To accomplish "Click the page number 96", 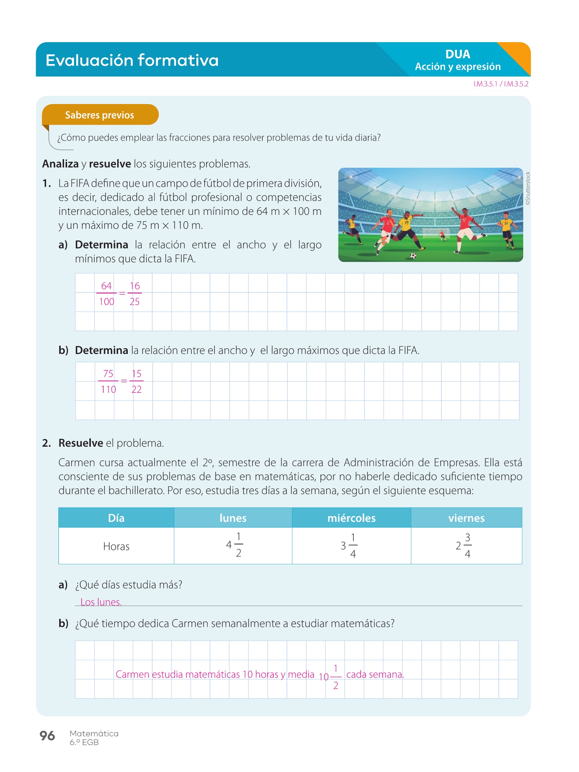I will (x=47, y=735).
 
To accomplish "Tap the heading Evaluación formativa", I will (x=132, y=60).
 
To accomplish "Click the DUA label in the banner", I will (x=458, y=54).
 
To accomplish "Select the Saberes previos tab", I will (x=100, y=115).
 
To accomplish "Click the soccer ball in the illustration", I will (x=413, y=256).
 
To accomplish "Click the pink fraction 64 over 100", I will (x=106, y=294).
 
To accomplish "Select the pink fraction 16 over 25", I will (x=135, y=294).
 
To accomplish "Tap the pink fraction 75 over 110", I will (x=108, y=381).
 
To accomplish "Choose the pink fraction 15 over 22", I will (x=136, y=381).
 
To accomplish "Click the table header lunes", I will (x=233, y=518).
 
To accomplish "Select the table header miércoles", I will (x=351, y=518).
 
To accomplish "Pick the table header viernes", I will (x=466, y=518).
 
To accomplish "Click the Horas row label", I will (x=116, y=547).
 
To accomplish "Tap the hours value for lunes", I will (x=234, y=545).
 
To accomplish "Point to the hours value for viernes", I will (x=464, y=545).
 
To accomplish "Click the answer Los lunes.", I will (x=101, y=602).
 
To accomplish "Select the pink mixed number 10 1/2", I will (x=331, y=677).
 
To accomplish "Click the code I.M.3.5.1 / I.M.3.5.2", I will (x=501, y=84).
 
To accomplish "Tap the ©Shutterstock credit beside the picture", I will (x=528, y=188).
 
